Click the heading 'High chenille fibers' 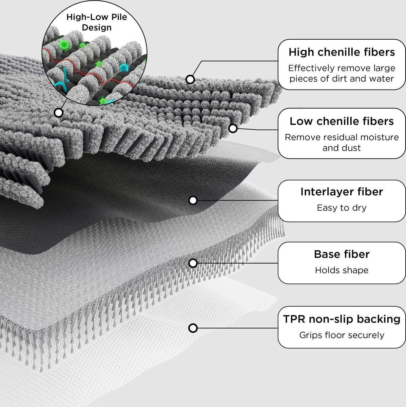coord(342,52)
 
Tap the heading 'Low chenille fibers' coord(342,121)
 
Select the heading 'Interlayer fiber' coord(342,192)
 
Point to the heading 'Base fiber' coord(342,254)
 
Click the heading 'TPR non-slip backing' coord(342,319)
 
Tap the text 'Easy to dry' coord(342,208)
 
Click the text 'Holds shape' coord(342,270)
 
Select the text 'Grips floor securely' coord(342,335)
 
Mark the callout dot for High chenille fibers coord(190,80)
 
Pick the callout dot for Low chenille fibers coord(233,128)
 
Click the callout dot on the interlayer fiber coord(193,200)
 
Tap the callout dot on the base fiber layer coord(193,263)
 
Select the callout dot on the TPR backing coord(193,328)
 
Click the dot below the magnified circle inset coord(59,112)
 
